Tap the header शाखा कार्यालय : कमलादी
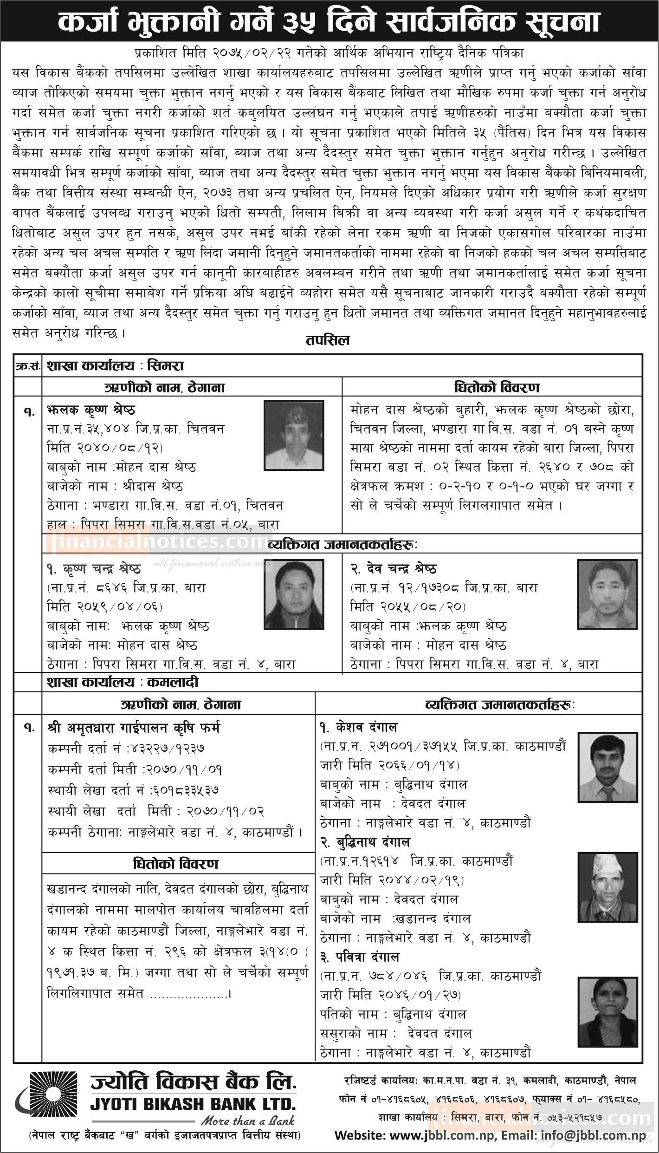[123, 822]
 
